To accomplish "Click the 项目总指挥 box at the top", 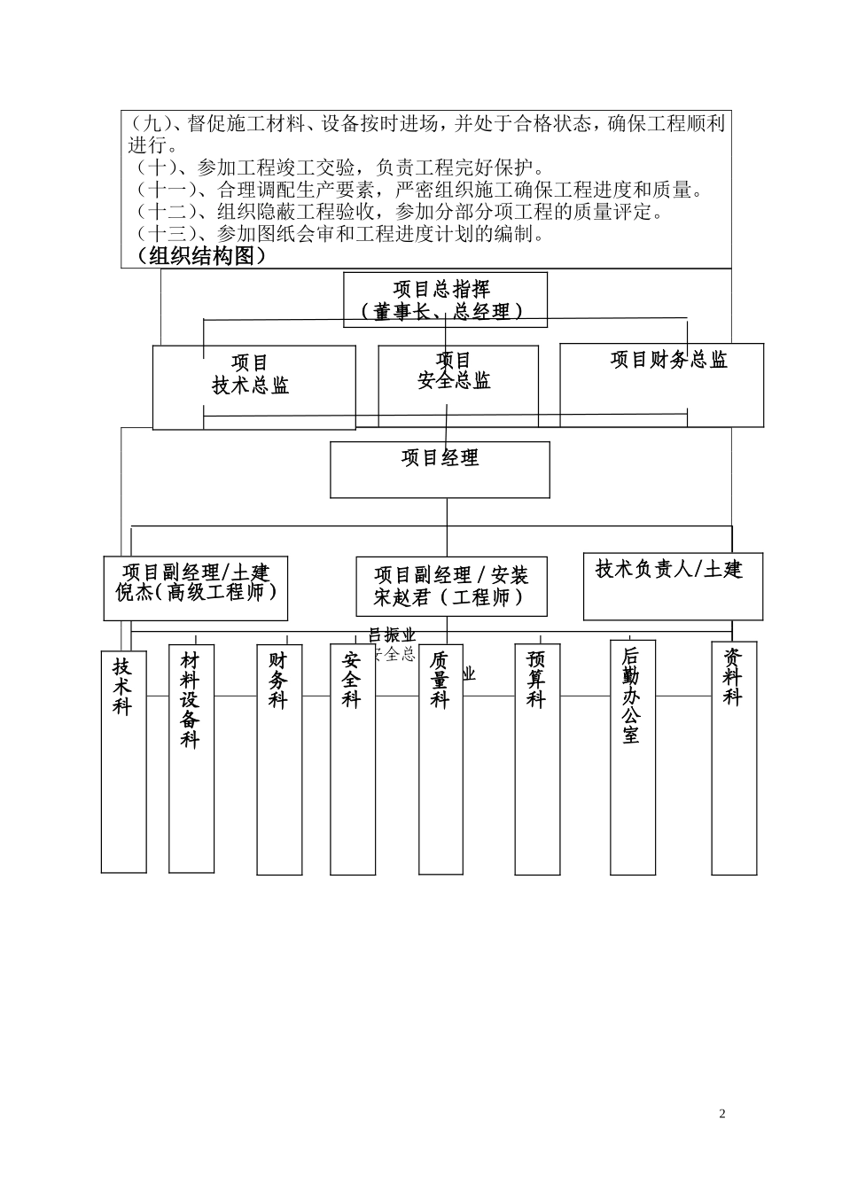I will pyautogui.click(x=445, y=300).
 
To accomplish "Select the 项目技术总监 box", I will pyautogui.click(x=253, y=387).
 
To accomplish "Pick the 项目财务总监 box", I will pyautogui.click(x=661, y=385).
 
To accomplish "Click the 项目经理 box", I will pyautogui.click(x=440, y=469).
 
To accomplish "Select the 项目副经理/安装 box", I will pyautogui.click(x=451, y=587).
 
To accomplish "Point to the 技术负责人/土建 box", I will pyautogui.click(x=672, y=586).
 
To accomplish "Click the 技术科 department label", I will pyautogui.click(x=122, y=686).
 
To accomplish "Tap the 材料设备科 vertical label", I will pyautogui.click(x=191, y=700).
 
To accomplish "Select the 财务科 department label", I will pyautogui.click(x=279, y=681).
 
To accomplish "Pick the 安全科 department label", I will pyautogui.click(x=352, y=681).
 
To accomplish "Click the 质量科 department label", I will pyautogui.click(x=440, y=681).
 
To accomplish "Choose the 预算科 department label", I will pyautogui.click(x=536, y=681).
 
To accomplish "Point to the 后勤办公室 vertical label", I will pyautogui.click(x=631, y=696).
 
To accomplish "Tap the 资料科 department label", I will pyautogui.click(x=733, y=677).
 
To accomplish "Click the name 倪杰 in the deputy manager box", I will pyautogui.click(x=135, y=593).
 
